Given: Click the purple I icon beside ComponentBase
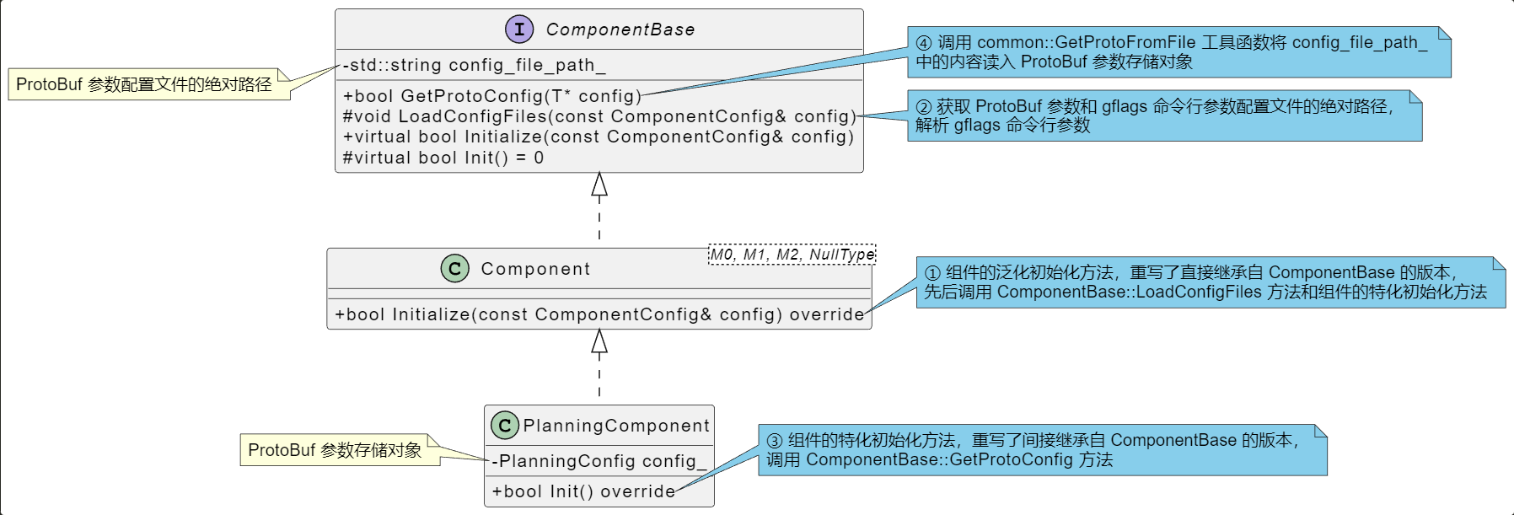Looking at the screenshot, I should point(519,30).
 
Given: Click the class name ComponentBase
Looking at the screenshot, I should point(620,30).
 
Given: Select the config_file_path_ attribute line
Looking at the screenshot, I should point(474,65).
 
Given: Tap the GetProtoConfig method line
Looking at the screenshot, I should point(492,96).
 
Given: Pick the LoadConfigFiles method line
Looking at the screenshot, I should point(599,116).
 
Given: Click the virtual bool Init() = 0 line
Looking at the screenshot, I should point(443,158).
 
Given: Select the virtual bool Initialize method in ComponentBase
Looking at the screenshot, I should point(599,137).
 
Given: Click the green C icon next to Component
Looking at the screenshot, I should point(455,269).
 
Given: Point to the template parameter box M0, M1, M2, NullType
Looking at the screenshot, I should point(792,255).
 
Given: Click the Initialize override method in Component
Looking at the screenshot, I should point(599,314).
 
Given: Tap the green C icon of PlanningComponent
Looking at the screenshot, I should point(504,426).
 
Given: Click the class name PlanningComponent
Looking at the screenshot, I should point(616,426).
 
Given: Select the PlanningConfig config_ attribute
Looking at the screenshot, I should point(599,461).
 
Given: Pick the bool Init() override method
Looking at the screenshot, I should point(583,491).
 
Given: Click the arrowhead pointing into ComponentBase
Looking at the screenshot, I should point(599,185).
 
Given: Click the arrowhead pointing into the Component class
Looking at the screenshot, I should point(599,341).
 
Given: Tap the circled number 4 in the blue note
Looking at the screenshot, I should point(924,43).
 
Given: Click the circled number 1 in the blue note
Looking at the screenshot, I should point(932,273).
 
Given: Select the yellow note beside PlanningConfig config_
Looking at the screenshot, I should point(335,450).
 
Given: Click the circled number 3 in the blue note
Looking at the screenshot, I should point(774,441).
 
